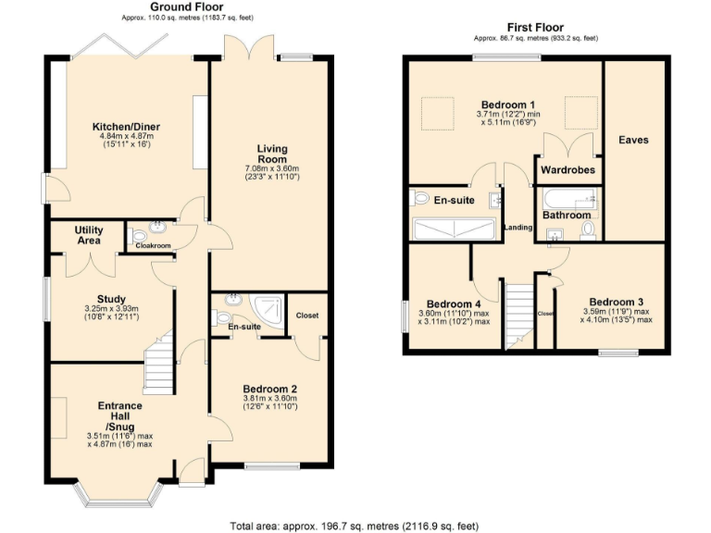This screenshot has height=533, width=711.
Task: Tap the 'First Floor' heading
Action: coord(535,28)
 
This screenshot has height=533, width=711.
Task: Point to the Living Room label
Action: coord(272,154)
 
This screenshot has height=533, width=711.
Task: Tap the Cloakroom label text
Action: coord(153,246)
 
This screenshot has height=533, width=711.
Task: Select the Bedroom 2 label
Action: coord(270,389)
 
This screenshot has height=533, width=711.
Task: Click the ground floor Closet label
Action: coord(306,316)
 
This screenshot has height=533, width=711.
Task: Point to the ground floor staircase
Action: coord(159,361)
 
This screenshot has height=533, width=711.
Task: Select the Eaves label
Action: coord(633,140)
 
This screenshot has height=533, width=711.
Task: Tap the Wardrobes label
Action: coord(566,171)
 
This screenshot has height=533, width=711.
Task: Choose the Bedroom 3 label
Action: coord(616,302)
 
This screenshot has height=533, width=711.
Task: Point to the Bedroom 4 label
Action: coord(453,304)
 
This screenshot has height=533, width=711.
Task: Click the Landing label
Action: coord(517,227)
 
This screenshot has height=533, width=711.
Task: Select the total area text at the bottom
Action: coord(354,525)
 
